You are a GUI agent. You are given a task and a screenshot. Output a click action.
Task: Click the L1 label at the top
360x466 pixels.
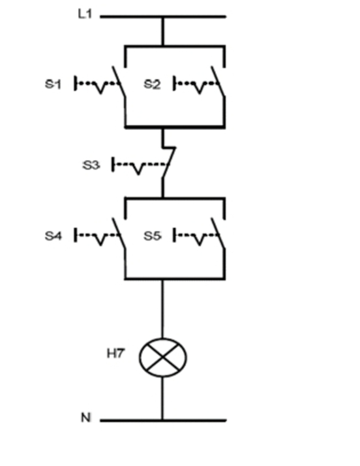click(85, 14)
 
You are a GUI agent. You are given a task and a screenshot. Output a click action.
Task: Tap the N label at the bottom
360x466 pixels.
click(85, 418)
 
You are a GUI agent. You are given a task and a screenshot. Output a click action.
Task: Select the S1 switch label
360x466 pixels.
click(53, 84)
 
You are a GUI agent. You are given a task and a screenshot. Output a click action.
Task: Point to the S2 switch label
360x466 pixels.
click(152, 84)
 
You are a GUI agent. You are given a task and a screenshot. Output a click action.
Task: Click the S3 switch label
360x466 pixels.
click(91, 165)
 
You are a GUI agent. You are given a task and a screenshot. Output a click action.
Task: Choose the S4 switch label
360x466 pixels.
click(53, 235)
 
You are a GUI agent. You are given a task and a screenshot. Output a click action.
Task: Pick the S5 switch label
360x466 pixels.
click(152, 235)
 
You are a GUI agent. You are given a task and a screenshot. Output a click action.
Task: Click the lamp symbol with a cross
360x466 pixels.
click(163, 358)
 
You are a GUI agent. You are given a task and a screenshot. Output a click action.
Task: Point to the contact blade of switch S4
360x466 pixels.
click(119, 233)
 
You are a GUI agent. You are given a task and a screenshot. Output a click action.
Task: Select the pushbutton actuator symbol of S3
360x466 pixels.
click(134, 166)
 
